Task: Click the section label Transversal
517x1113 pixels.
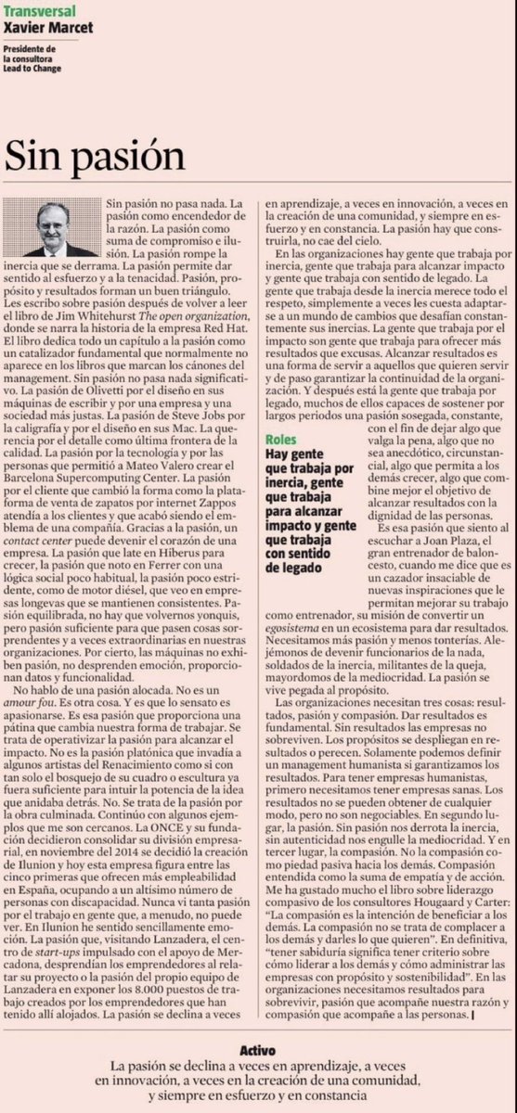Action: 36,9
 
